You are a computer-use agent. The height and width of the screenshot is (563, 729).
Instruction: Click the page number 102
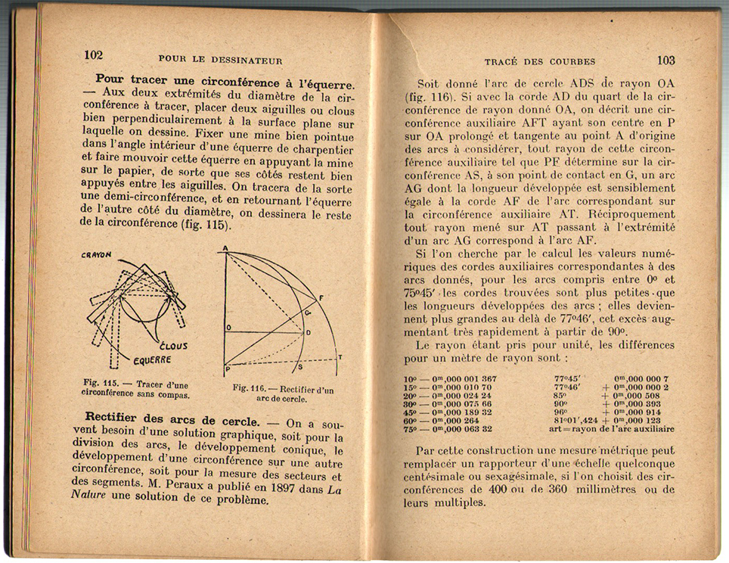click(94, 55)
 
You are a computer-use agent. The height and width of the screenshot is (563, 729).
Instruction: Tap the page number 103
click(666, 60)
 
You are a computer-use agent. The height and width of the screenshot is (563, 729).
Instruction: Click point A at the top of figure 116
click(225, 249)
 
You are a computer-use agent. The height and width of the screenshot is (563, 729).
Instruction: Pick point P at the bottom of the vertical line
click(225, 368)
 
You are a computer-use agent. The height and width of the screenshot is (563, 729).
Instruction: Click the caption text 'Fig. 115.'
click(99, 384)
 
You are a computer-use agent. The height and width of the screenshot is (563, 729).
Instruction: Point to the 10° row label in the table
click(411, 378)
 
